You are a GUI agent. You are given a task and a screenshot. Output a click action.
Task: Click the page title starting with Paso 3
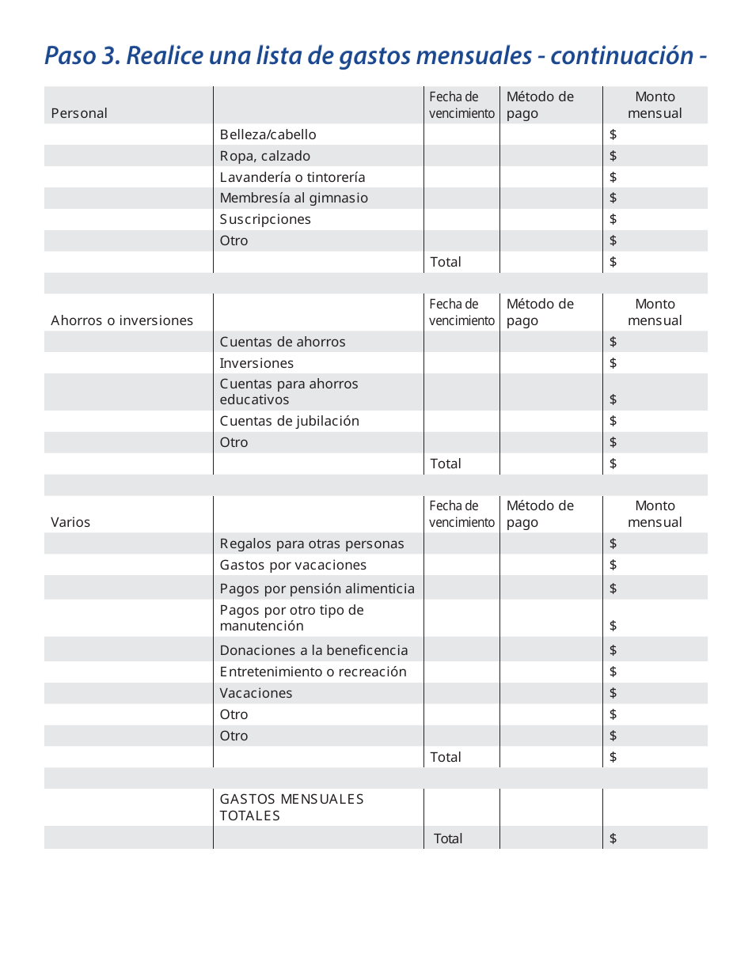pyautogui.click(x=375, y=56)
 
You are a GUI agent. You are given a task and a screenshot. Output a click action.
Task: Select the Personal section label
pyautogui.click(x=79, y=113)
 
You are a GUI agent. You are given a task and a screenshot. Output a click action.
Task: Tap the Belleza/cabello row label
pyautogui.click(x=268, y=134)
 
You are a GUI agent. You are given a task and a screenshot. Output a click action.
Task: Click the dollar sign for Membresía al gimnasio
pyautogui.click(x=613, y=198)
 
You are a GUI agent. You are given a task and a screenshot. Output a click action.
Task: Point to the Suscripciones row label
pyautogui.click(x=265, y=219)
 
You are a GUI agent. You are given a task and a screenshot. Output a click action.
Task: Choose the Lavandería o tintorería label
pyautogui.click(x=292, y=177)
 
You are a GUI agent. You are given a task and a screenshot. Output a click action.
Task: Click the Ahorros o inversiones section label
pyautogui.click(x=122, y=320)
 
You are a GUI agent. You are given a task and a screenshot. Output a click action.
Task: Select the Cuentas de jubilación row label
pyautogui.click(x=289, y=421)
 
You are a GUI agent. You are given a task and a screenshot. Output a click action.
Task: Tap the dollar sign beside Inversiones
pyautogui.click(x=613, y=363)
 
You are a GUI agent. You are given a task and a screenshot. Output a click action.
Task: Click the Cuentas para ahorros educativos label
pyautogui.click(x=288, y=392)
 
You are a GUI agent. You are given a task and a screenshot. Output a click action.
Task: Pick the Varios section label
pyautogui.click(x=70, y=522)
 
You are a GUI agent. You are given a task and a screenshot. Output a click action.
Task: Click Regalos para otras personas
pyautogui.click(x=311, y=543)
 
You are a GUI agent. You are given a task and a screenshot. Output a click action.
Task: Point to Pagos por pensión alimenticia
pyautogui.click(x=317, y=589)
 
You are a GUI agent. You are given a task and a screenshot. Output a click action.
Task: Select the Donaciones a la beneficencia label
pyautogui.click(x=313, y=650)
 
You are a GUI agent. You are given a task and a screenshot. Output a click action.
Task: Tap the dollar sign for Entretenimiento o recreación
pyautogui.click(x=613, y=672)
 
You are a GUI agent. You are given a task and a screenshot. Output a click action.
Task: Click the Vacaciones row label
pyautogui.click(x=256, y=693)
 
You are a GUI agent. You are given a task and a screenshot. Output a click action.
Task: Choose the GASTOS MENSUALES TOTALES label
pyautogui.click(x=291, y=807)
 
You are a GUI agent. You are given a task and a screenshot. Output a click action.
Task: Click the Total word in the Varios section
pyautogui.click(x=445, y=757)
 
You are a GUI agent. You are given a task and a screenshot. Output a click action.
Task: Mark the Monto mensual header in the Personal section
pyautogui.click(x=655, y=105)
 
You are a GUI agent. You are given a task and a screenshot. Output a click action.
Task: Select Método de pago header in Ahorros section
pyautogui.click(x=540, y=312)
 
